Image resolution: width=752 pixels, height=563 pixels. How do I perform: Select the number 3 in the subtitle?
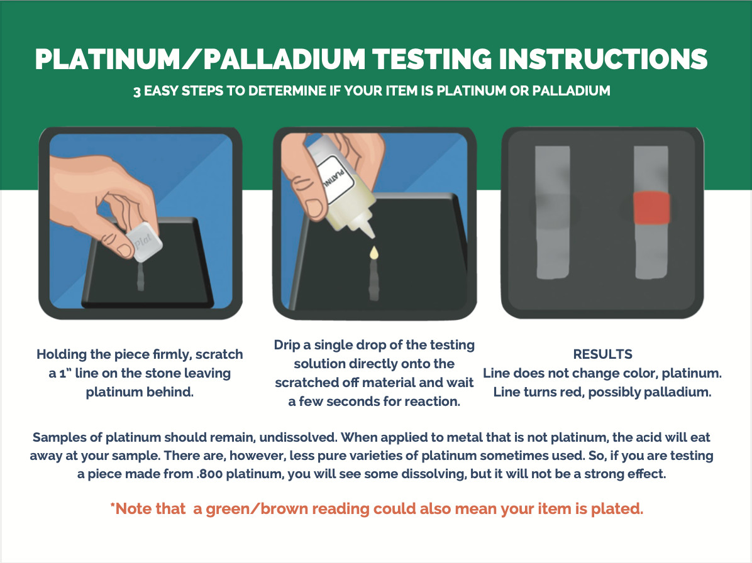[136, 91]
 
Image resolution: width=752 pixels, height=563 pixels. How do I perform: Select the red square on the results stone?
[651, 208]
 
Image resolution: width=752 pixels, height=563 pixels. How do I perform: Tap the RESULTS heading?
[602, 354]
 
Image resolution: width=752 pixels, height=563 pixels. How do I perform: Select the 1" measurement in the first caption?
[60, 373]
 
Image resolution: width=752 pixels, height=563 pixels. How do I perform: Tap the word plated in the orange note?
[617, 509]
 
